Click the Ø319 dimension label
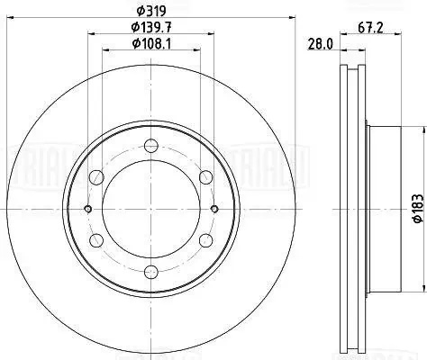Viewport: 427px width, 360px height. (x=151, y=12)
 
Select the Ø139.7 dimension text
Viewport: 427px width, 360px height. (x=151, y=28)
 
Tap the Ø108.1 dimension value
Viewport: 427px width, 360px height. (x=151, y=44)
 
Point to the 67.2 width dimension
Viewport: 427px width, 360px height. (x=371, y=28)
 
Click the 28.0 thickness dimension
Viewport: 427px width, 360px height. (x=321, y=45)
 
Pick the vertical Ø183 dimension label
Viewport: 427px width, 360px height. (x=418, y=209)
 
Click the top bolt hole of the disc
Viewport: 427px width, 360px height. (x=151, y=146)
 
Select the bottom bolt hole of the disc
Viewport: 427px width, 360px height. (x=151, y=272)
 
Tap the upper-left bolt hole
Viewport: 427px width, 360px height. (x=96, y=177)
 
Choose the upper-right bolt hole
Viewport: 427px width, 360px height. (x=206, y=177)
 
